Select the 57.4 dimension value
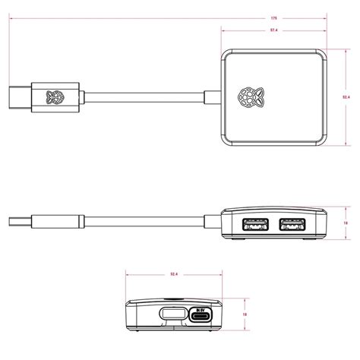tap(272, 30)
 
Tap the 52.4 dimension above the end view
tap(173, 274)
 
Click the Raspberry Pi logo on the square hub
tap(248, 96)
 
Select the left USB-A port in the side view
tap(254, 225)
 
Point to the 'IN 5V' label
tap(201, 309)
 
